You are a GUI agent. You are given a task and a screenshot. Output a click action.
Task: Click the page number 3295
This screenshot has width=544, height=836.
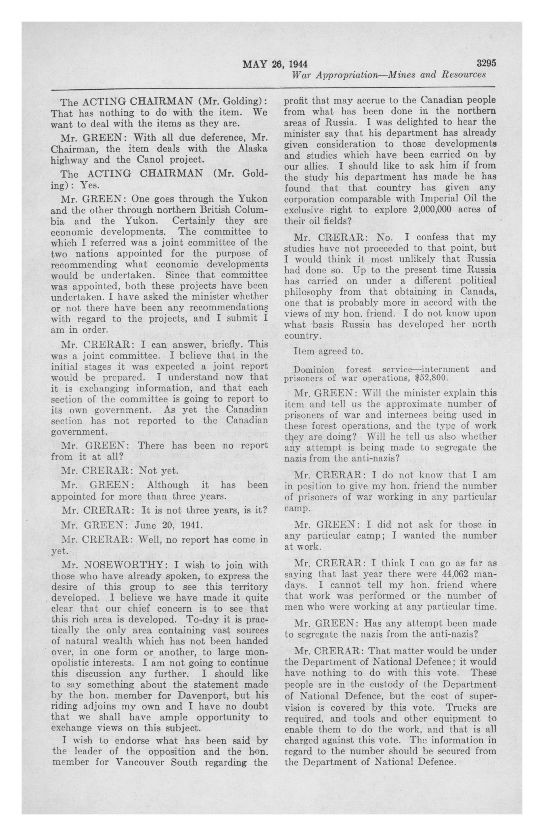click(486, 63)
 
